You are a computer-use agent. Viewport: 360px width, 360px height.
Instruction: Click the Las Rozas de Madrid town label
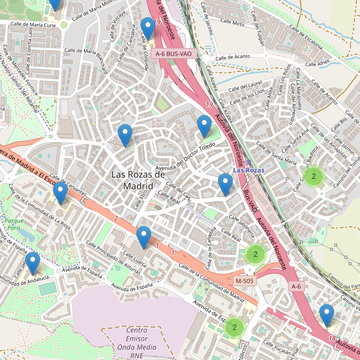138,180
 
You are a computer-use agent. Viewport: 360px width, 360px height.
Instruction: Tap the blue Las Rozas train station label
248,170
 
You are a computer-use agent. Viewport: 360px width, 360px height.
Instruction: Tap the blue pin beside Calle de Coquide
148,28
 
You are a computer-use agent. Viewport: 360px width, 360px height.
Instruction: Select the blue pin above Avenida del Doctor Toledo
204,127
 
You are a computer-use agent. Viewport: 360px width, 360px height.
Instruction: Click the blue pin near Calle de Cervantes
60,193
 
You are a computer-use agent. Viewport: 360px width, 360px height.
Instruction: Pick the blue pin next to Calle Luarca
143,237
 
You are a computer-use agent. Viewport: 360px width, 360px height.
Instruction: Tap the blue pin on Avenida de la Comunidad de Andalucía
32,263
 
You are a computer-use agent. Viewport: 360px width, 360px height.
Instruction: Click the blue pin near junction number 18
326,315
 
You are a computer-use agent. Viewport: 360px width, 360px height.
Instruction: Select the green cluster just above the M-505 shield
255,254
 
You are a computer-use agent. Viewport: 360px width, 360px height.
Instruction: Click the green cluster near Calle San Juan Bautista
313,176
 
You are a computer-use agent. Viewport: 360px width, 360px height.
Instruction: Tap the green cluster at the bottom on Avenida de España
234,327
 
